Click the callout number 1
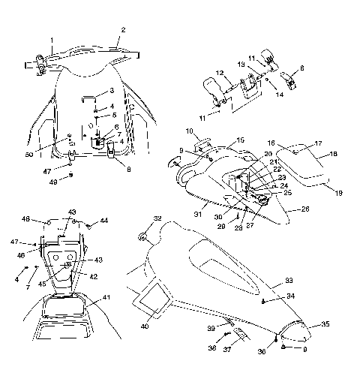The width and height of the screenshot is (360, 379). point(52,39)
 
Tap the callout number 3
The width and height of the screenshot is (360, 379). point(112,91)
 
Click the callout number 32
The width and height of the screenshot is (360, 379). point(157,218)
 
